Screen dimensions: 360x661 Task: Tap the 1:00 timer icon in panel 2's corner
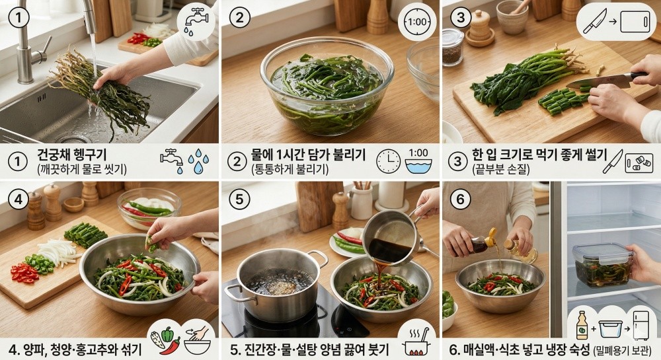[417, 22]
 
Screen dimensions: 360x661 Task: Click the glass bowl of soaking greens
[326, 87]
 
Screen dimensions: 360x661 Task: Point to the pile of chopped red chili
[25, 271]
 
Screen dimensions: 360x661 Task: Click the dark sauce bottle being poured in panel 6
[481, 245]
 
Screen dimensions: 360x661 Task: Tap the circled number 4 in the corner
[19, 199]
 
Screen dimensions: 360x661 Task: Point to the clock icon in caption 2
[388, 161]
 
